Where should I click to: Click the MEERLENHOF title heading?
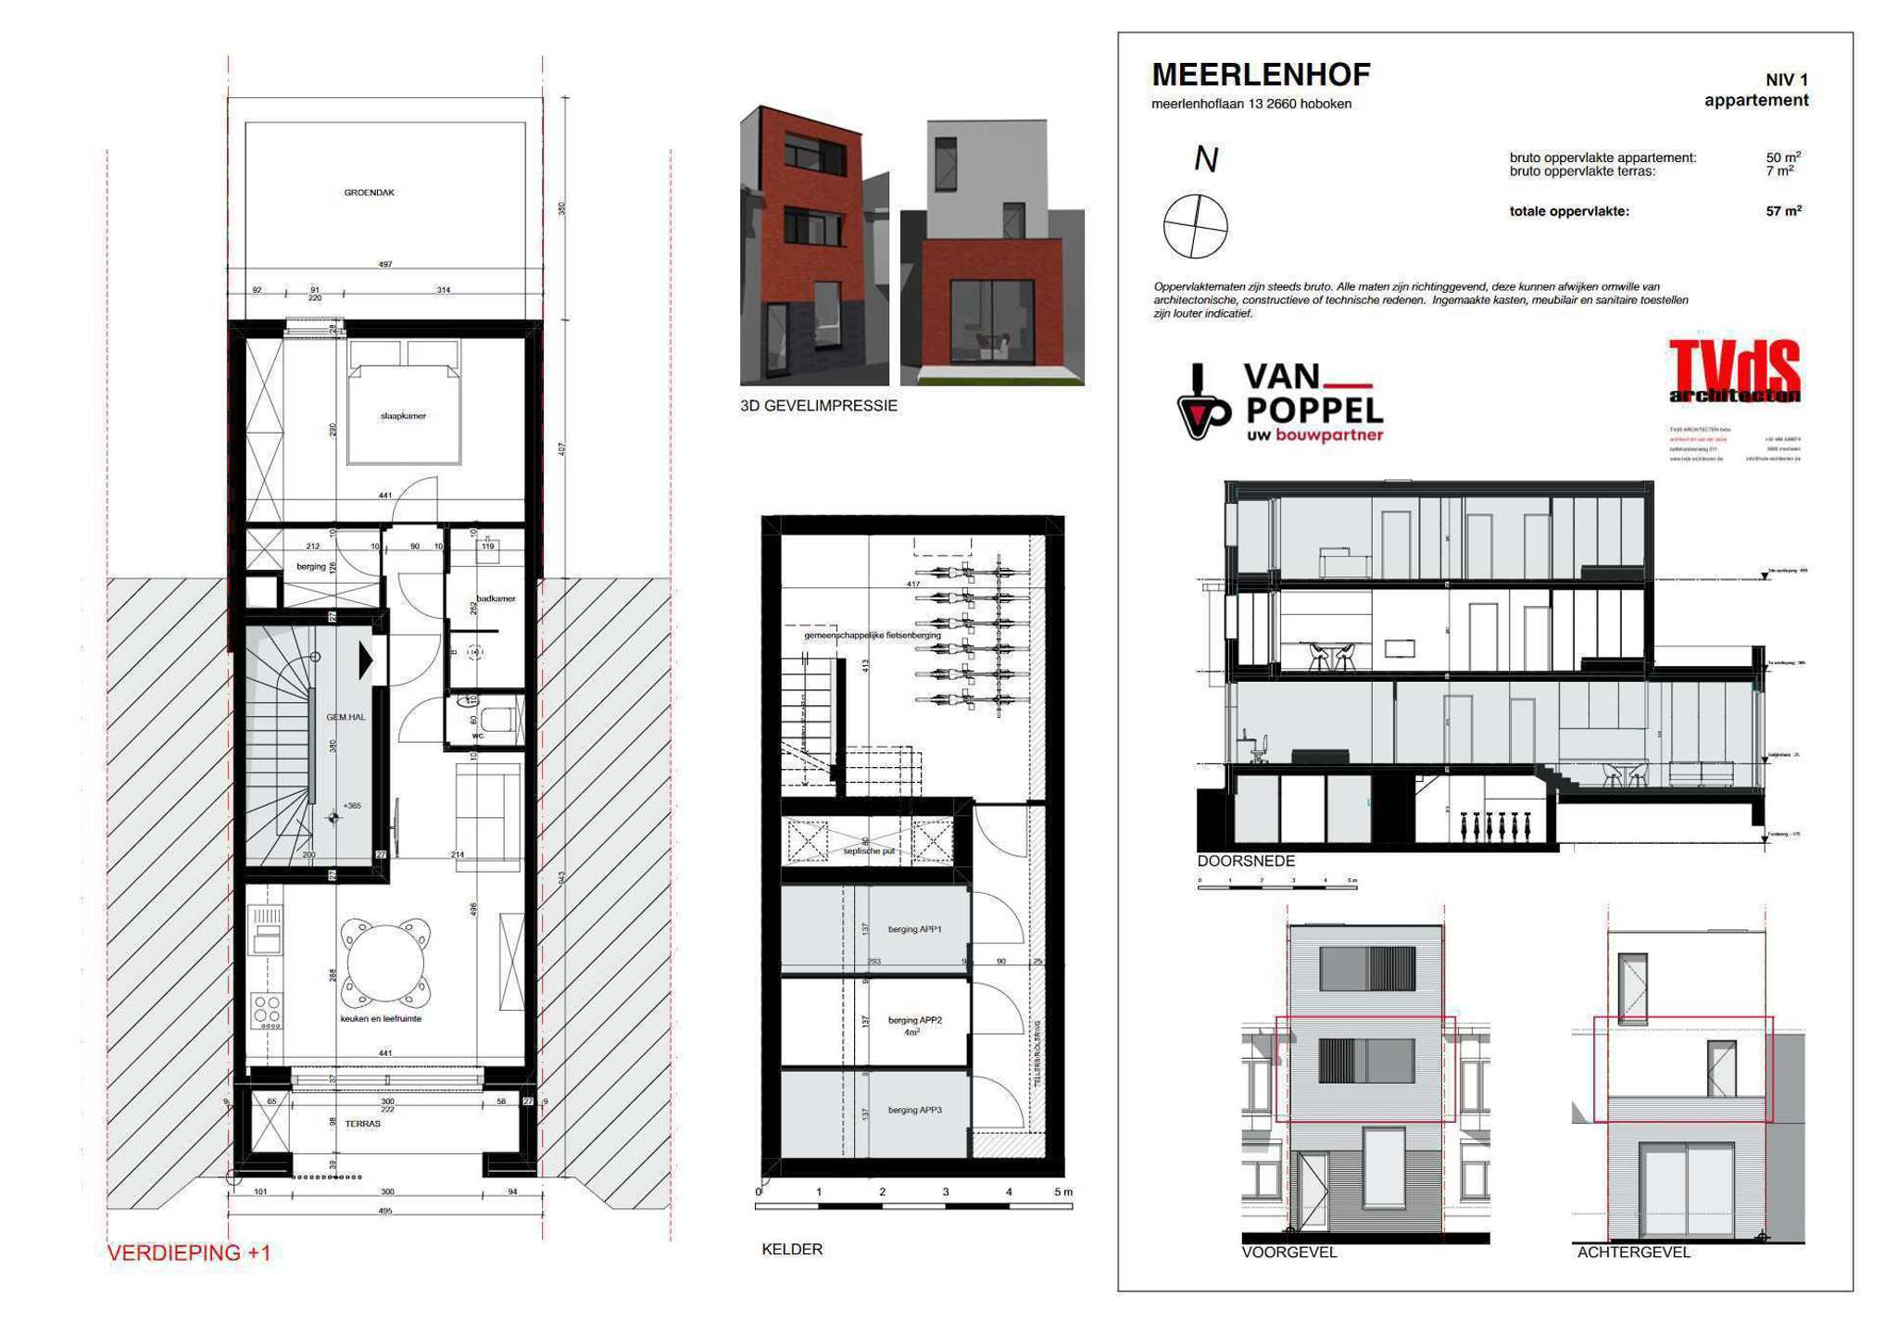[1260, 75]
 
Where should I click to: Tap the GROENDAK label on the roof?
[369, 193]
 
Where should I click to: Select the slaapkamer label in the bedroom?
[403, 416]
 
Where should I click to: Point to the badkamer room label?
[496, 598]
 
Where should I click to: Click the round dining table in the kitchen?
[384, 963]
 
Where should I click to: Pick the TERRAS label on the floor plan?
[362, 1124]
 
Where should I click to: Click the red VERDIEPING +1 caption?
[189, 1252]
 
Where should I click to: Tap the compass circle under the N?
[1195, 226]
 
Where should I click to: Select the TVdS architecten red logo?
[1734, 371]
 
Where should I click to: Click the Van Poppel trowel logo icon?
[1201, 404]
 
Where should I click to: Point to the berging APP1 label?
[914, 929]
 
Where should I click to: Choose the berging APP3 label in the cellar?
[914, 1110]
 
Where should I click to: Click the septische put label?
[869, 850]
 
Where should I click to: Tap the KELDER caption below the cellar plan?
[792, 1249]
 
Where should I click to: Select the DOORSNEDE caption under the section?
[1246, 861]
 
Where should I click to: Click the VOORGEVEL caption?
[1289, 1252]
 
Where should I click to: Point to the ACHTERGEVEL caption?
[1633, 1252]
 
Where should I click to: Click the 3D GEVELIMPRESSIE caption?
[819, 406]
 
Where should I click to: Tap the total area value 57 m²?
[1783, 211]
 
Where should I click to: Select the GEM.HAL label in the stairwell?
[346, 717]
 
